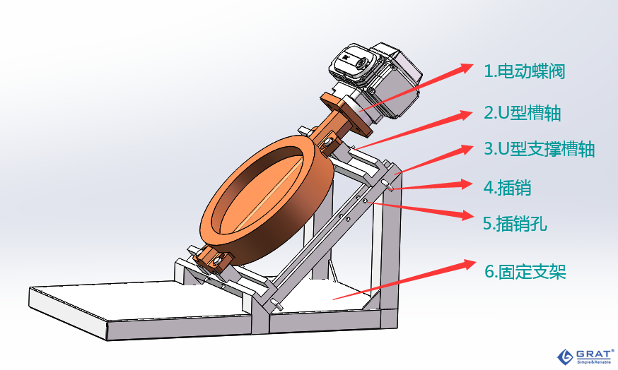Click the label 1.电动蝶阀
[x=524, y=71]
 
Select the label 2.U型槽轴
[x=523, y=113]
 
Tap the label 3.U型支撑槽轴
[x=539, y=149]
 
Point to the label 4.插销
[x=507, y=187]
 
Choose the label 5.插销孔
[x=515, y=224]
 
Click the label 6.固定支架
[x=525, y=272]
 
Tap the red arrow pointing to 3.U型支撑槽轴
[x=433, y=159]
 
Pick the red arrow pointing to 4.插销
[x=431, y=186]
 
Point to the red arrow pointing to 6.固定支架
[x=404, y=279]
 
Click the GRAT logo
[x=585, y=356]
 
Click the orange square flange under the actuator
[x=346, y=114]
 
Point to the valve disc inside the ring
[x=268, y=193]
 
